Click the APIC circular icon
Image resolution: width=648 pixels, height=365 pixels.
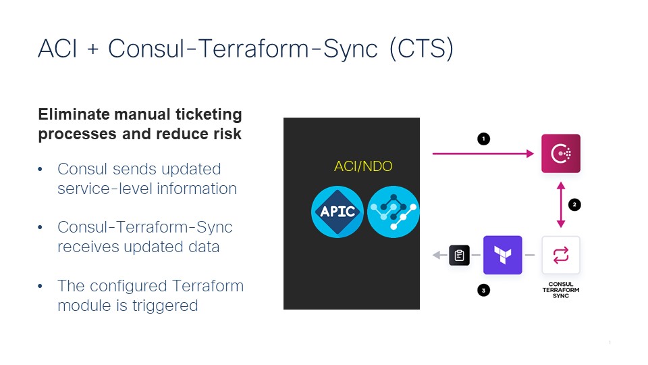click(337, 212)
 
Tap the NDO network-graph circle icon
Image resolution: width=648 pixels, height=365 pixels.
click(394, 212)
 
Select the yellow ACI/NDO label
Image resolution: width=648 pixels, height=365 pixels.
click(363, 166)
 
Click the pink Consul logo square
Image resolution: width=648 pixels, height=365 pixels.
click(561, 153)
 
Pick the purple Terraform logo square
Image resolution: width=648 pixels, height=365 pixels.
click(502, 255)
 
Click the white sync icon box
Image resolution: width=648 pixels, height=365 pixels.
click(561, 255)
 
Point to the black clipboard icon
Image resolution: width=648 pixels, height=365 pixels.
click(460, 255)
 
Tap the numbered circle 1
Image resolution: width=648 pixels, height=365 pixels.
click(483, 139)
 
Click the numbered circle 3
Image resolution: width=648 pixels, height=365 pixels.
click(483, 291)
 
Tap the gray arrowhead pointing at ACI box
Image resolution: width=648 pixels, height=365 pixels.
click(437, 255)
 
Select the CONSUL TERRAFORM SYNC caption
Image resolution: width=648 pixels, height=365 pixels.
click(561, 290)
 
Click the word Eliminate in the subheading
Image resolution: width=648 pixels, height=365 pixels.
click(70, 114)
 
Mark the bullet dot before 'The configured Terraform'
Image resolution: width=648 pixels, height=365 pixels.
click(41, 287)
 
